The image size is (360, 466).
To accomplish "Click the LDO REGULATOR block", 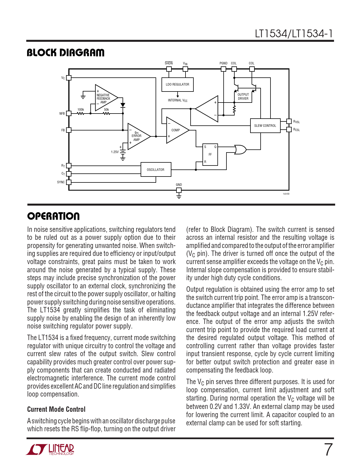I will (177, 84).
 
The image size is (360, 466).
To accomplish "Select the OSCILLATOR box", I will (156, 169).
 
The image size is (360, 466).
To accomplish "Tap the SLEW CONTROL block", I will (265, 126).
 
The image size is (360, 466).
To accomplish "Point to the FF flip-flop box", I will (210, 154).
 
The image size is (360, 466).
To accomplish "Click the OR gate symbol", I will (240, 149).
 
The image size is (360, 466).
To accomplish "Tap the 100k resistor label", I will (81, 110).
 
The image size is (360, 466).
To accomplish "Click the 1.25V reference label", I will (115, 152).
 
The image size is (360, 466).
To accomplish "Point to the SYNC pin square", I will (69, 182).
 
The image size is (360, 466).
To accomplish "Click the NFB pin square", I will (69, 114).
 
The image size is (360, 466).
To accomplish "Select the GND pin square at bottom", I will (179, 190).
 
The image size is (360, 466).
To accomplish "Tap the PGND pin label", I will (223, 63).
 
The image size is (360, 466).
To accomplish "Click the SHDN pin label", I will (169, 63).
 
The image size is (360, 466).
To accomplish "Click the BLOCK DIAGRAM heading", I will (66, 53).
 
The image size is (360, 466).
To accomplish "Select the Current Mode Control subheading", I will (56, 409).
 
